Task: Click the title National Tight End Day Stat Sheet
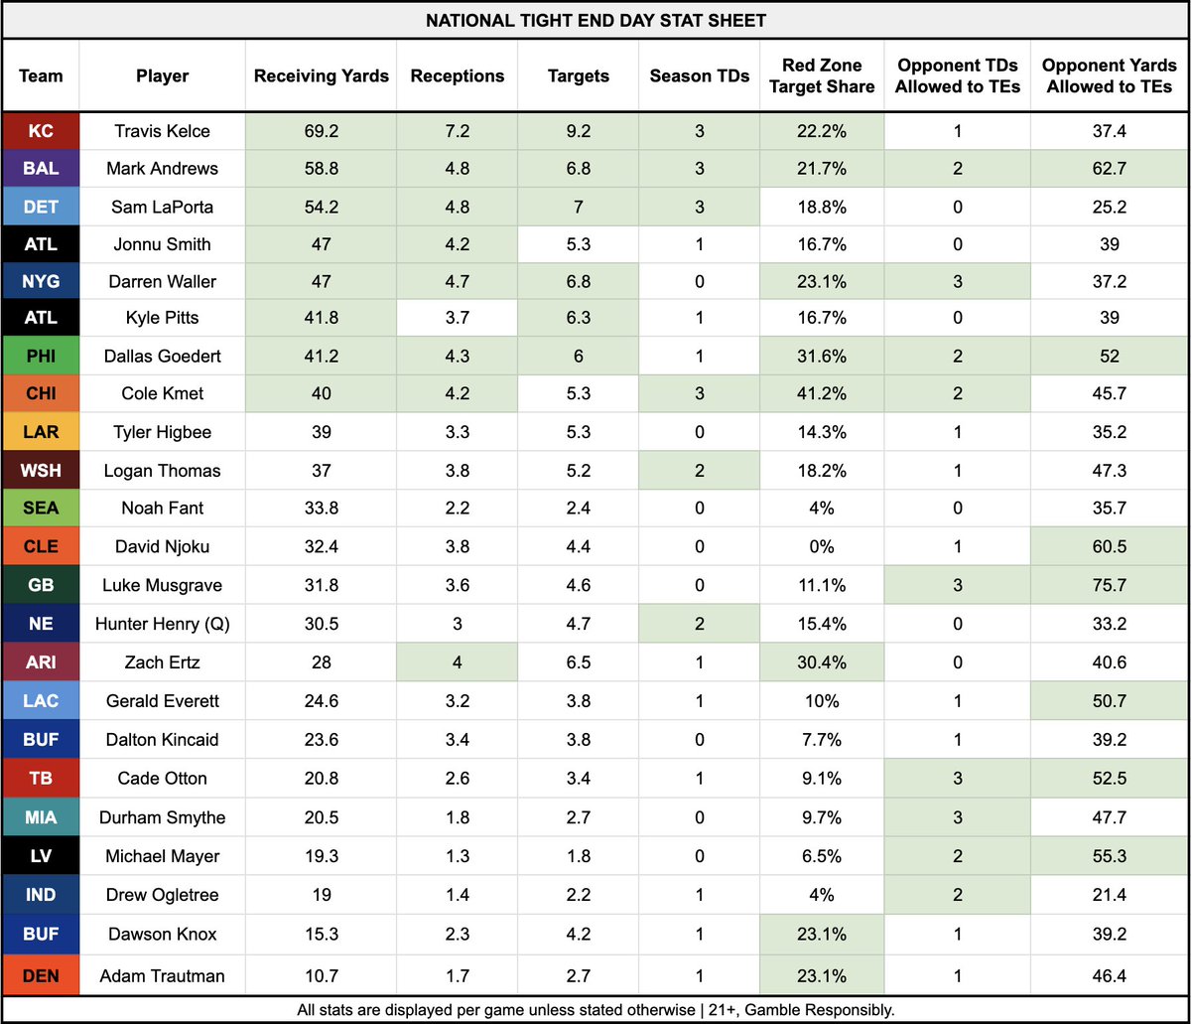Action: pos(595,20)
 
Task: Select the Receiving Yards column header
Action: pos(322,76)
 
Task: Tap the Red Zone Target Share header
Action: pos(822,76)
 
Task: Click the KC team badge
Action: pos(41,131)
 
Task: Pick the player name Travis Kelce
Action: pos(163,131)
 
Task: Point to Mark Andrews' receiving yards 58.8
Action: pos(322,169)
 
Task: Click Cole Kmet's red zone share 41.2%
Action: pos(822,393)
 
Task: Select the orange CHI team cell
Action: pos(41,393)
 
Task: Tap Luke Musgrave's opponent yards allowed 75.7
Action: pos(1110,586)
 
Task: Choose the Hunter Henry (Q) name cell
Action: pos(163,624)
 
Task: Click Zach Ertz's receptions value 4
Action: pos(458,661)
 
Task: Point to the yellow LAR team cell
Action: pos(41,433)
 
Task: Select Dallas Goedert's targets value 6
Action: pos(578,356)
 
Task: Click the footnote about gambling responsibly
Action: pos(595,1010)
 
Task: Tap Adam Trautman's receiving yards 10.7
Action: pos(322,975)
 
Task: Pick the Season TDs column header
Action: pos(700,76)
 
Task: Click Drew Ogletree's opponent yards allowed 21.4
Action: pos(1110,895)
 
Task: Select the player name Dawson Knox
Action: pos(163,934)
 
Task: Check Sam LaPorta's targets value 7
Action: pos(578,207)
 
